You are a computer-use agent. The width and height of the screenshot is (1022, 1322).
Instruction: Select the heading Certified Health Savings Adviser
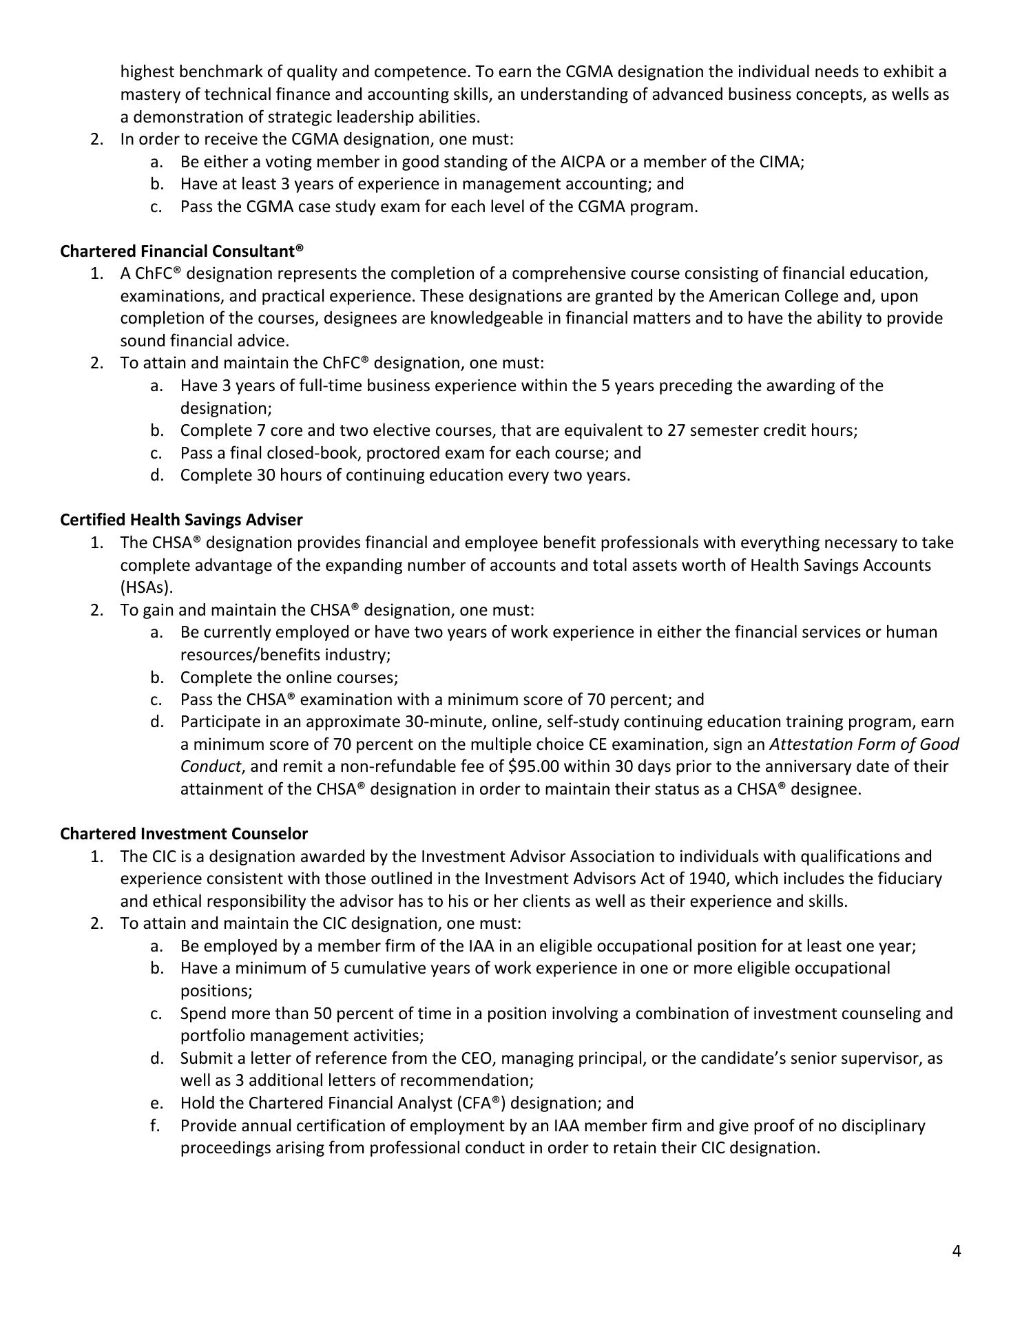click(181, 520)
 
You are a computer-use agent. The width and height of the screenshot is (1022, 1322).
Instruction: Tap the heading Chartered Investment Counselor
click(184, 834)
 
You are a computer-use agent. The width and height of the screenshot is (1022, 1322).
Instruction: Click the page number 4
click(957, 1251)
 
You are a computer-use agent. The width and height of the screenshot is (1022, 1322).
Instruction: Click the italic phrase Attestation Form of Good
click(864, 744)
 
